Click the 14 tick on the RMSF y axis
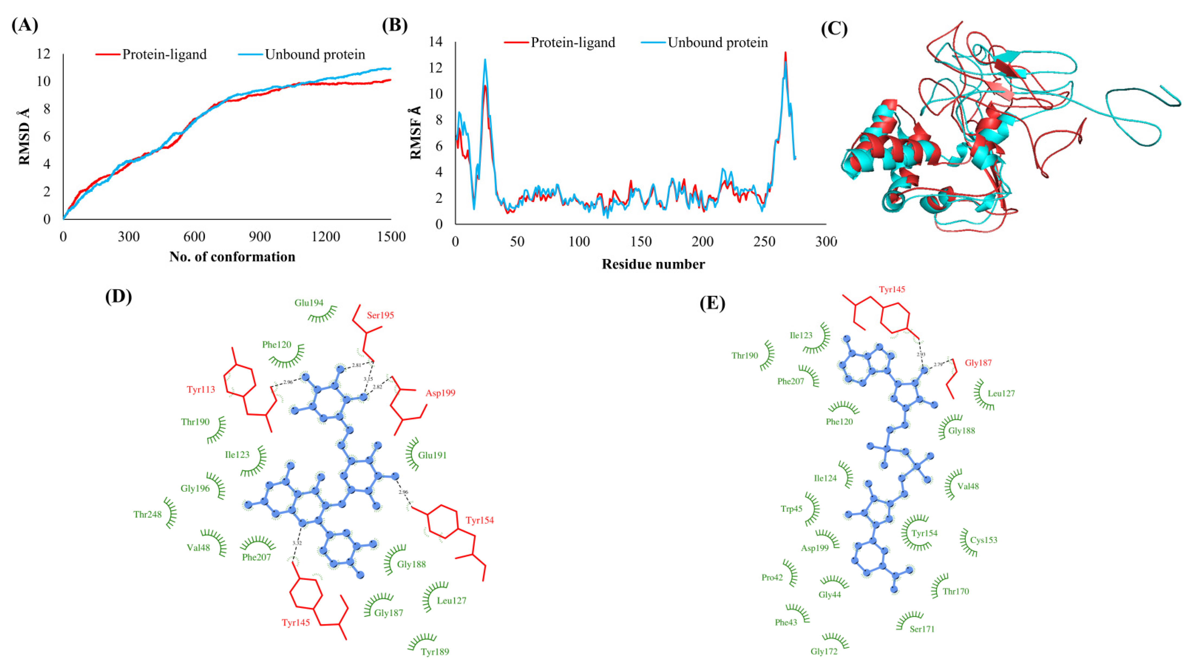(x=435, y=42)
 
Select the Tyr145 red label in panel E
(x=892, y=290)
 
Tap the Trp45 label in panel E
(x=791, y=509)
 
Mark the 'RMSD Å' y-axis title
(x=24, y=137)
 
